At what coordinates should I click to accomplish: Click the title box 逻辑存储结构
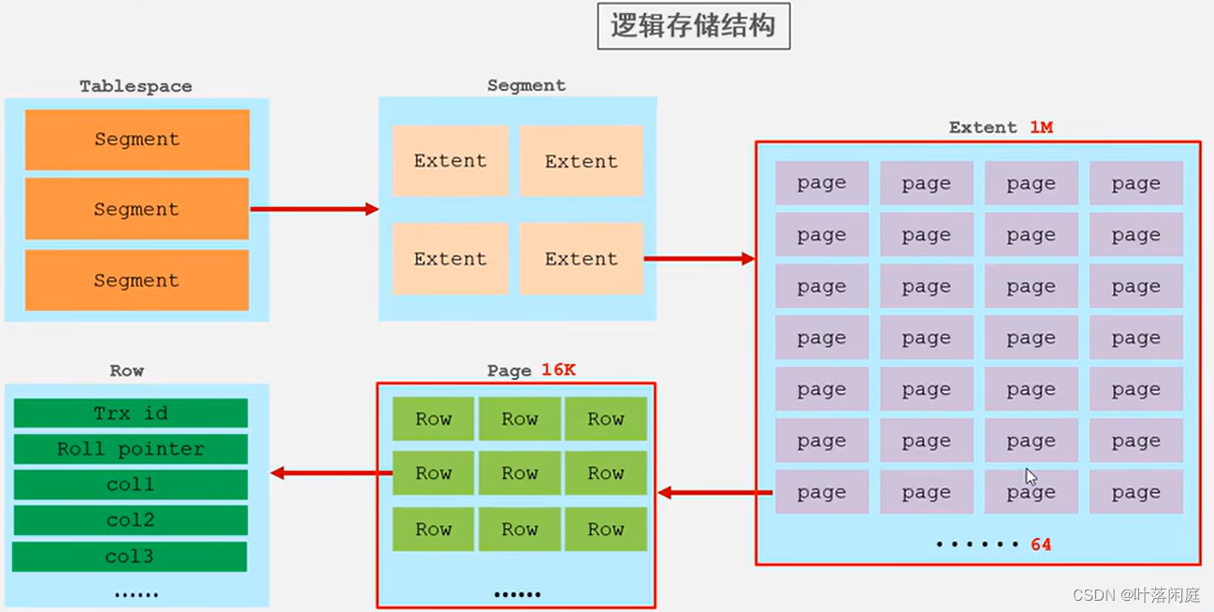click(693, 27)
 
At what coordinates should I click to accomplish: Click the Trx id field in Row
click(131, 413)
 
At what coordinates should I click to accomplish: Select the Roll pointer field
click(131, 448)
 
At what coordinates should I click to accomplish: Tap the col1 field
click(131, 484)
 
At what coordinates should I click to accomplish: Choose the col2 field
click(131, 519)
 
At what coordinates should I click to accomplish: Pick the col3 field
click(130, 556)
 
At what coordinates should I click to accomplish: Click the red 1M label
click(1041, 127)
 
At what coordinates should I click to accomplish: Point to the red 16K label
click(558, 370)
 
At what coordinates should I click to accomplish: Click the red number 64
click(1041, 544)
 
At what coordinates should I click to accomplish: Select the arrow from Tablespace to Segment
click(313, 210)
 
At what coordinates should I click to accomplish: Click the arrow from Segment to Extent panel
click(699, 258)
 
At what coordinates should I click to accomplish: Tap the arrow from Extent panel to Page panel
click(715, 492)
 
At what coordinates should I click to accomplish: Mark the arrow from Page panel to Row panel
click(331, 474)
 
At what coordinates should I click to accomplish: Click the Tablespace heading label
click(136, 86)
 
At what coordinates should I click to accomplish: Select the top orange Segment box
click(137, 139)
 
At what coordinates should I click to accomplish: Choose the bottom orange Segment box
click(137, 280)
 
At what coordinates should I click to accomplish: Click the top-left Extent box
click(450, 161)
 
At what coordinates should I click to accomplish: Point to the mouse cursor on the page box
click(1031, 476)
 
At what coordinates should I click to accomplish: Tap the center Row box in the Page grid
click(519, 474)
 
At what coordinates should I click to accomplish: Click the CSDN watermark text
click(1136, 595)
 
